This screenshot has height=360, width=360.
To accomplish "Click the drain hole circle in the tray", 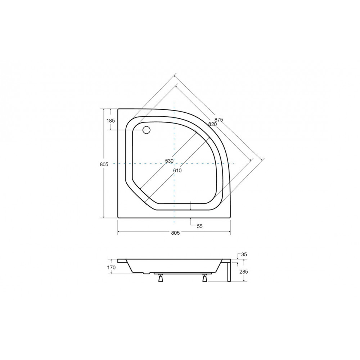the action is [x=146, y=130].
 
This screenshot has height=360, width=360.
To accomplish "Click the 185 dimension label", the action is [x=111, y=121].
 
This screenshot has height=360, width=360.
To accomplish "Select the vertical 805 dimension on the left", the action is [x=104, y=165].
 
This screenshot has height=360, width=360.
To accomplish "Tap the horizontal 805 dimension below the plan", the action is [x=175, y=233].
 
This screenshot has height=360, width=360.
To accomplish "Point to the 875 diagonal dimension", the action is [x=219, y=120].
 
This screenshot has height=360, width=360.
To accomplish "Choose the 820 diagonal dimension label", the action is [x=213, y=124].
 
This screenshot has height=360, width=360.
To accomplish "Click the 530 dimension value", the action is [x=169, y=161].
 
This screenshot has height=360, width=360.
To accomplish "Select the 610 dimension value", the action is [x=177, y=170].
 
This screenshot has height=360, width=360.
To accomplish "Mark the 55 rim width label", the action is [x=200, y=226].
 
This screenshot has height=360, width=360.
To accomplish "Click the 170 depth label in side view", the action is [x=111, y=267].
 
